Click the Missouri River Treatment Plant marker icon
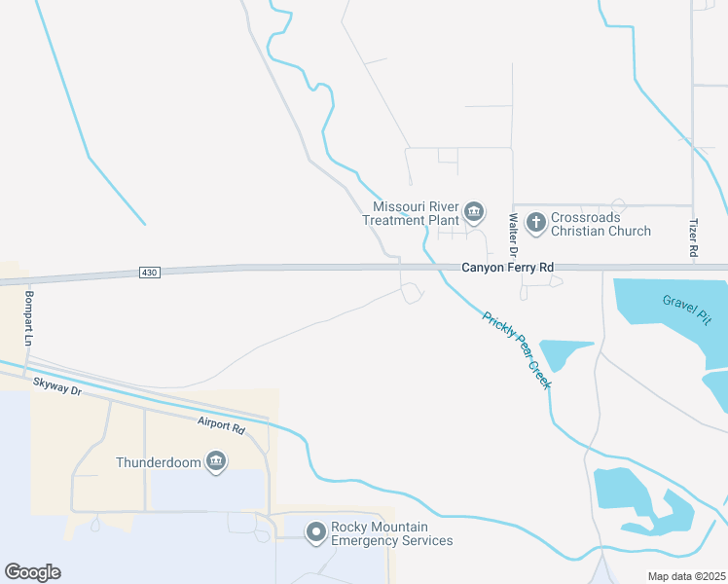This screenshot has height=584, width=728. tap(474, 211)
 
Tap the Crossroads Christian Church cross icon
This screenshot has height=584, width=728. tap(535, 223)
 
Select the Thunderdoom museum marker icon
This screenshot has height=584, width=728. tap(216, 460)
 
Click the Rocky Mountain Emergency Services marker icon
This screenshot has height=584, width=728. tap(315, 532)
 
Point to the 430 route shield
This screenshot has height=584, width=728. tap(148, 272)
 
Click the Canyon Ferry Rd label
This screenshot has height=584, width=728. tap(507, 267)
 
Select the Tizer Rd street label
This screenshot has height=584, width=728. tap(694, 237)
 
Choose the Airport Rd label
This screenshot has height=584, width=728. tap(220, 425)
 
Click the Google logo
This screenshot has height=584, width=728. tap(32, 572)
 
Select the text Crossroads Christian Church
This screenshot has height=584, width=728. tap(601, 224)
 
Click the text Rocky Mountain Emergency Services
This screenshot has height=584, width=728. tap(391, 533)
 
